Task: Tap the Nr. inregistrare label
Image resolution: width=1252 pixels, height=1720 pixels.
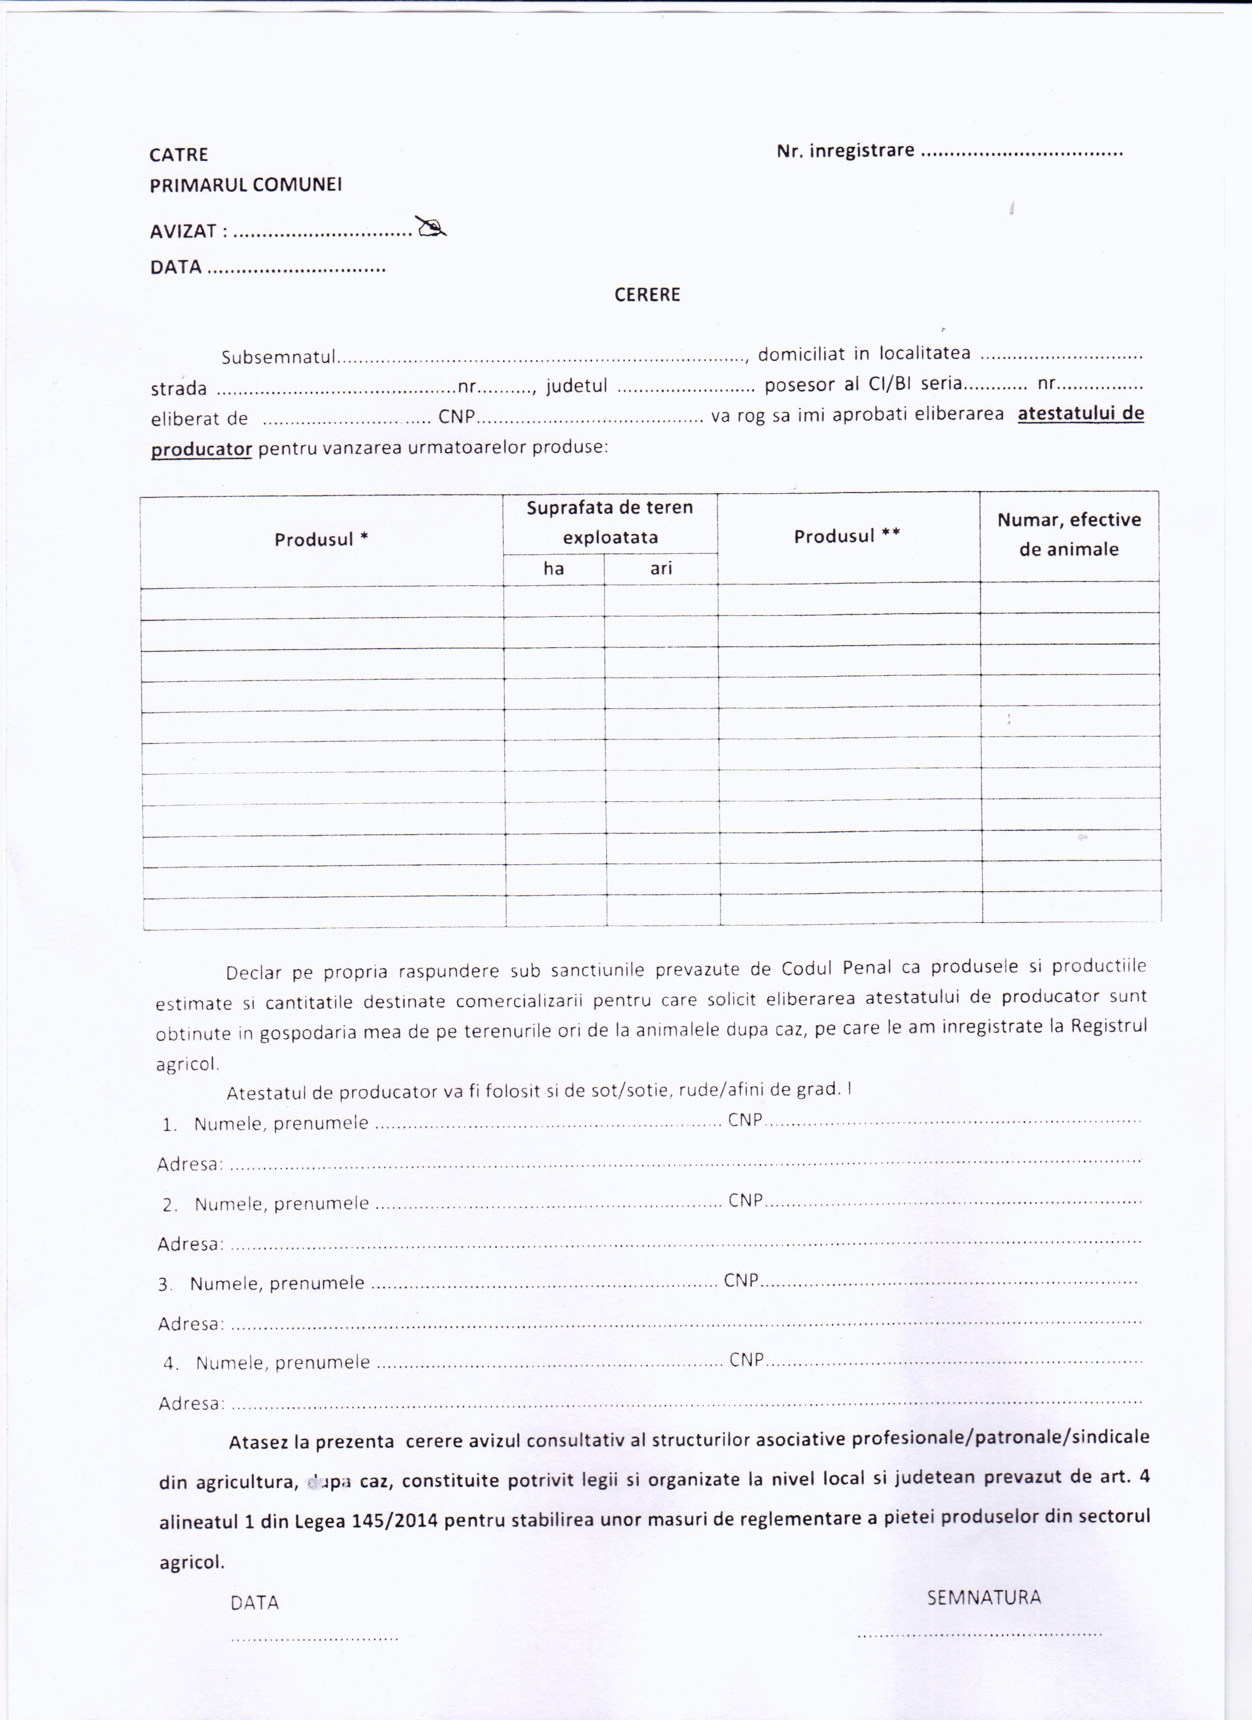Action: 845,150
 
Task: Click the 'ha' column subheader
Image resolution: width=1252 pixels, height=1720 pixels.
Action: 553,568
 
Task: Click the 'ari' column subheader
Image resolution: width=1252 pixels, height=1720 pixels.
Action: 661,568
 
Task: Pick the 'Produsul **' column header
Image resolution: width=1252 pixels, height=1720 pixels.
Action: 847,536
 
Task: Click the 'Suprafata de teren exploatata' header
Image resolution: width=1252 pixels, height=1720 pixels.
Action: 610,522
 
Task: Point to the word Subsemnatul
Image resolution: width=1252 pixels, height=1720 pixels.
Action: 278,356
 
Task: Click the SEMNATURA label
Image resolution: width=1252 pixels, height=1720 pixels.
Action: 983,1597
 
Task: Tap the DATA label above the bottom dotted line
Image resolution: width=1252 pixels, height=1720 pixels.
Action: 255,1603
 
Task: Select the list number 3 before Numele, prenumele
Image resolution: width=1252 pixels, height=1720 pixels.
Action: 164,1284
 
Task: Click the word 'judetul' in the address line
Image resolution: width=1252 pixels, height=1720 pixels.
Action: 576,386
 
